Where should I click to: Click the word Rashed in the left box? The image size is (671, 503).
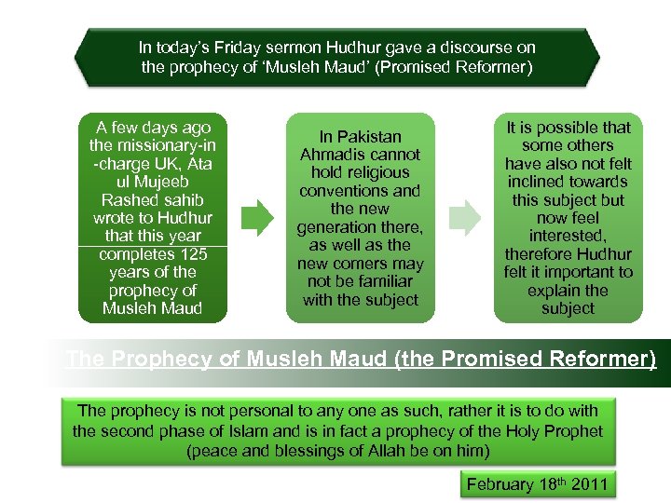[129, 200]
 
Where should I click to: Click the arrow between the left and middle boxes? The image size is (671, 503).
[258, 219]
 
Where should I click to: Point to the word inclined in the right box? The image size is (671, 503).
[544, 182]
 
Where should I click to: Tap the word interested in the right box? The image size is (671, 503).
[567, 236]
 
